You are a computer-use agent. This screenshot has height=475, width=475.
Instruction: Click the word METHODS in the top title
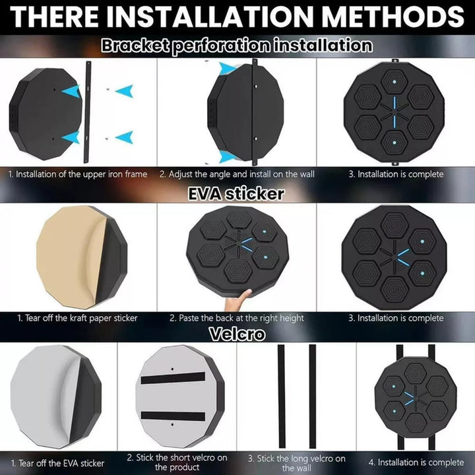393,16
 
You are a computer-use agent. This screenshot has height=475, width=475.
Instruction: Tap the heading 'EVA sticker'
236,193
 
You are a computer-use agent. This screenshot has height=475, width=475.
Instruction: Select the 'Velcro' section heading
237,334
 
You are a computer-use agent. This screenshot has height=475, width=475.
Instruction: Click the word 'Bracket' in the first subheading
135,45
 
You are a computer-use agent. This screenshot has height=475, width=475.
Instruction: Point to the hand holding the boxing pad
238,300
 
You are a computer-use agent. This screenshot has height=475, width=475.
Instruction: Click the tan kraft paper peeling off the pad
71,256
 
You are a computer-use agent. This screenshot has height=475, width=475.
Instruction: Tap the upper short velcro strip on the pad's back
173,378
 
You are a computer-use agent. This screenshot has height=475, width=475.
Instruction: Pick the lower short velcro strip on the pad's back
173,416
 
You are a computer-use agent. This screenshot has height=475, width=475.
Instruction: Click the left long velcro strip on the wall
282,396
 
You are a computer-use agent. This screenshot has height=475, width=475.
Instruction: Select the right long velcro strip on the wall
313,396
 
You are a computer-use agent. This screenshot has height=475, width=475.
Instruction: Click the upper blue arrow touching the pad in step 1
71,91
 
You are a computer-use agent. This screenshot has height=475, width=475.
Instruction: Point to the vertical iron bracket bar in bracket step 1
87,112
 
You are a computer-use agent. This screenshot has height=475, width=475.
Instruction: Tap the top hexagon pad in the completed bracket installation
394,82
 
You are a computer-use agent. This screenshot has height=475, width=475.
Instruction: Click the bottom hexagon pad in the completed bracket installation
394,142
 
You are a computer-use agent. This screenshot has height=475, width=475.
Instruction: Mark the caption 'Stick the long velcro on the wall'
297,463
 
